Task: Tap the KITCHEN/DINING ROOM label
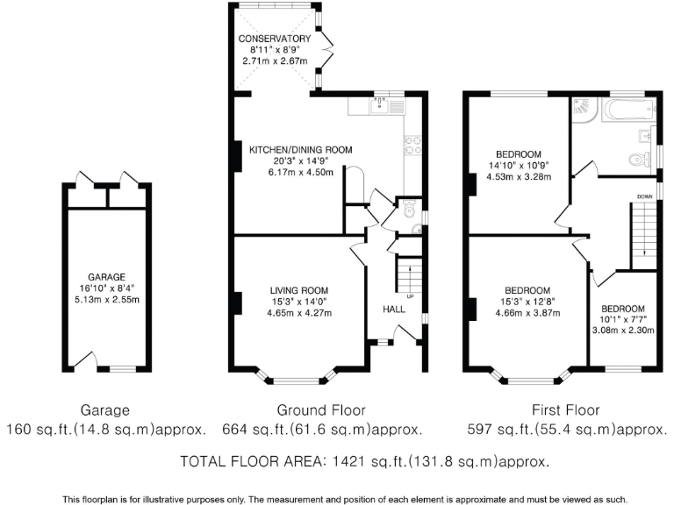[x=300, y=150]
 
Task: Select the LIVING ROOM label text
[x=298, y=290]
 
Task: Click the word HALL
[x=394, y=309]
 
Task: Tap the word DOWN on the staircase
[x=645, y=196]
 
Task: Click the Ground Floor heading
[x=321, y=410]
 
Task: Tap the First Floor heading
[x=566, y=410]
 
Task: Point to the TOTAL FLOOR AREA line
[x=364, y=461]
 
